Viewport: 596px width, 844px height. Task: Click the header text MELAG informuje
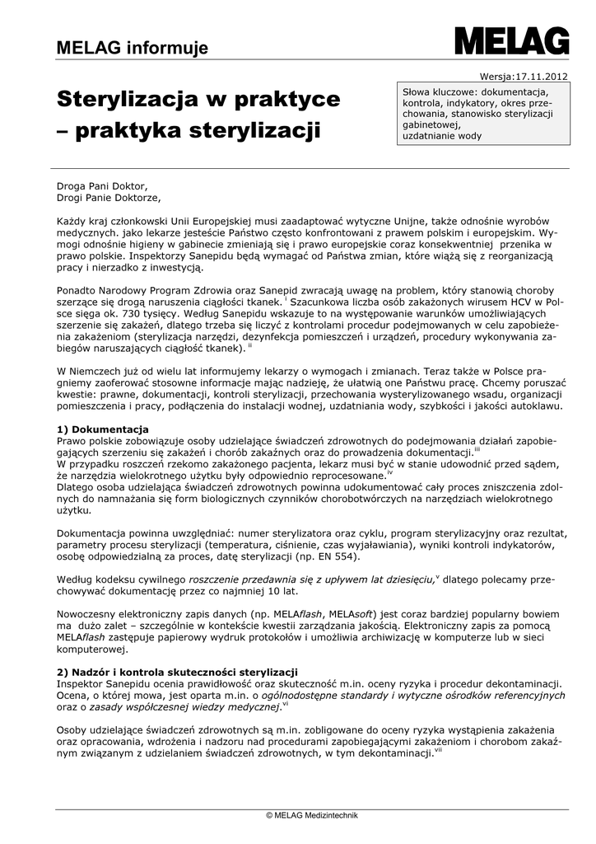(132, 49)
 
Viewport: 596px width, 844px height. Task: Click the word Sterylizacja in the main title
(127, 100)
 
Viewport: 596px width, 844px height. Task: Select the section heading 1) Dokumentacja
(103, 429)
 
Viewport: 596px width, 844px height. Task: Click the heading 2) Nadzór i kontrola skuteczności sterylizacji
(177, 672)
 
